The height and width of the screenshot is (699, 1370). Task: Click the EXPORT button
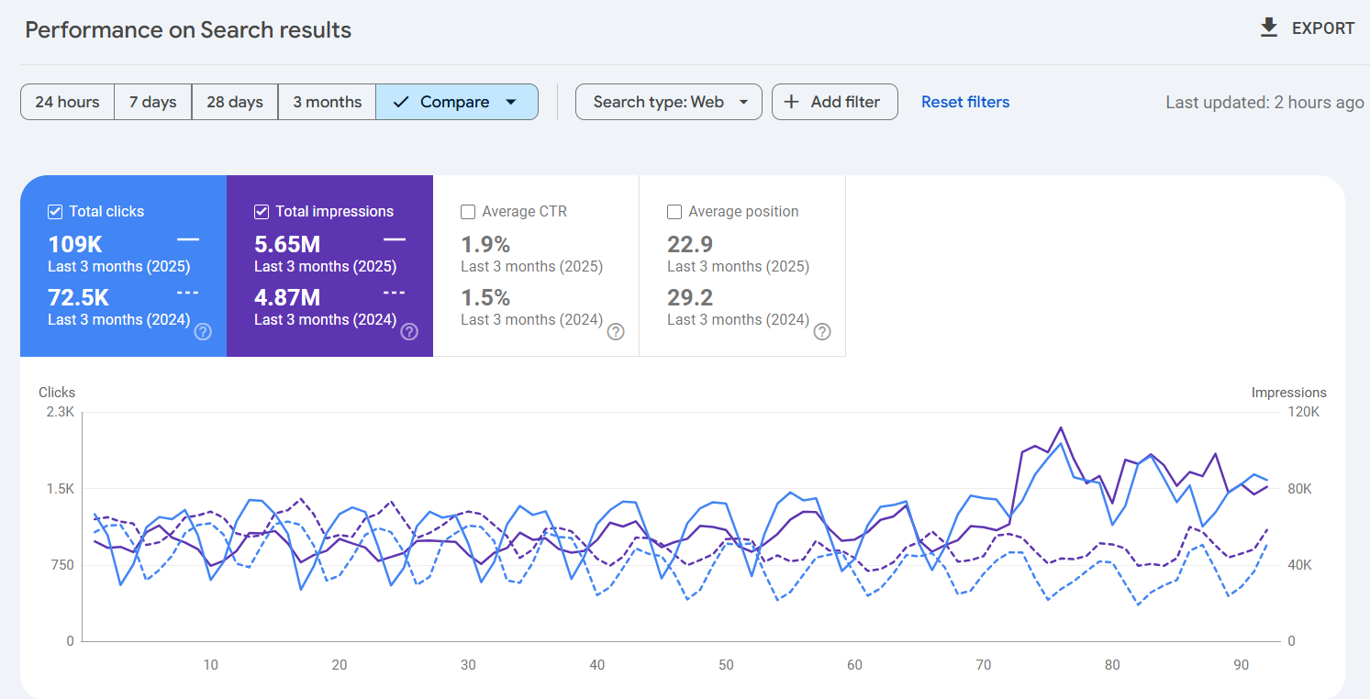(x=1307, y=28)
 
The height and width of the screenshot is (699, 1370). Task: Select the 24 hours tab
(x=67, y=102)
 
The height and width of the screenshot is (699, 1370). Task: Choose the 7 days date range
(x=152, y=102)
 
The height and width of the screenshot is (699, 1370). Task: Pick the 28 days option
(x=235, y=102)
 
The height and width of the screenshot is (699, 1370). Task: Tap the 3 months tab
(x=327, y=102)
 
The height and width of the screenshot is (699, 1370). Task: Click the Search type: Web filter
(x=668, y=102)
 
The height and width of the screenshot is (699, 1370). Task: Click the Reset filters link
(x=965, y=102)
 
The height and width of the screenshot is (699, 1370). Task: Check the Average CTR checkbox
(x=468, y=212)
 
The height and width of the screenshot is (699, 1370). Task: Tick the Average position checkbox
(x=674, y=212)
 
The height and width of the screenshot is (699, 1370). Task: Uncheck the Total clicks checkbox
(x=55, y=212)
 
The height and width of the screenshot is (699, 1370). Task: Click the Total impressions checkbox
(x=262, y=212)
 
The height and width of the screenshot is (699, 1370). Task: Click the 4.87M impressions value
(x=287, y=297)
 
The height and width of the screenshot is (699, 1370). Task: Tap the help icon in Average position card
(x=822, y=331)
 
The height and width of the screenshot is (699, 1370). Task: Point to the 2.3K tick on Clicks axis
(x=60, y=412)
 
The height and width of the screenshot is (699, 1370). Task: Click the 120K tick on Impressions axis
(x=1303, y=412)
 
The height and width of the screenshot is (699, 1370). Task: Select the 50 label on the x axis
(x=726, y=665)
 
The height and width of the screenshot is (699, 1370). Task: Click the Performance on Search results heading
(x=188, y=29)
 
